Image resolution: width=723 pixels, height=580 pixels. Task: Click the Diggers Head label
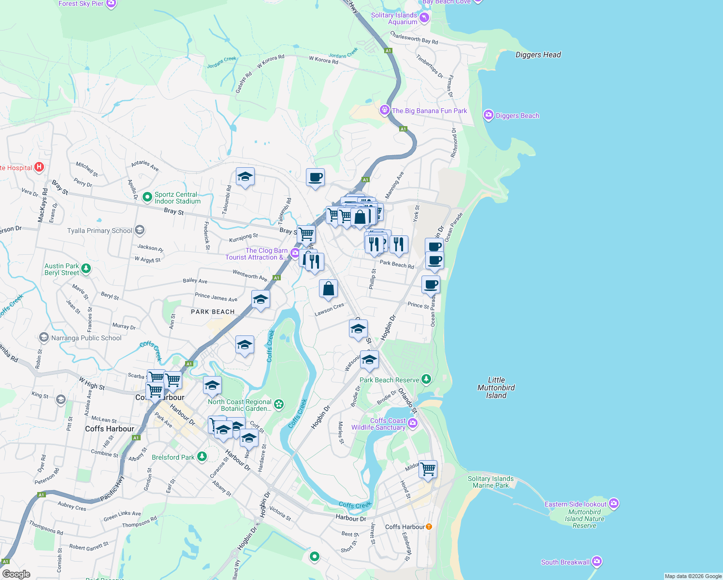point(538,55)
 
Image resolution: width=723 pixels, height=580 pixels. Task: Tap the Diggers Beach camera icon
point(489,115)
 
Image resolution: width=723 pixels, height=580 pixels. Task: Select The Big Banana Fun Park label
point(429,111)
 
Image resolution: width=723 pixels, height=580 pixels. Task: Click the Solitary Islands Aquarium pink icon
point(424,18)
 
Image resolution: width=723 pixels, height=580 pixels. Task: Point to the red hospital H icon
point(39,168)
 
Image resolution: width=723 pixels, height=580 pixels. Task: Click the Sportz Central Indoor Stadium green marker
point(147,198)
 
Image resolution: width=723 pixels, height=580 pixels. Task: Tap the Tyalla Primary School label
point(100,231)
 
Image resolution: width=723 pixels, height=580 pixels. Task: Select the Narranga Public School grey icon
point(44,337)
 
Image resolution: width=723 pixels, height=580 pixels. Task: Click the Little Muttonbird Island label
point(496,388)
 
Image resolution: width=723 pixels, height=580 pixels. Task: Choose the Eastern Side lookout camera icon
point(614,504)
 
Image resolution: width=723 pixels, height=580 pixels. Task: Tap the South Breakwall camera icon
point(597,562)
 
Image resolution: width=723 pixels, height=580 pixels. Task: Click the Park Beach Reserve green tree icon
point(426,379)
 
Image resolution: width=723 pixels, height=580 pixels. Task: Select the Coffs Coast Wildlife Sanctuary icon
point(413,424)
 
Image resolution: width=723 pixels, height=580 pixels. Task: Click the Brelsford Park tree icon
point(202,457)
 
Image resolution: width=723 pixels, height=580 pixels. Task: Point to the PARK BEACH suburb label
point(213,312)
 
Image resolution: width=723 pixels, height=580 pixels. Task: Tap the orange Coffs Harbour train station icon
point(429,526)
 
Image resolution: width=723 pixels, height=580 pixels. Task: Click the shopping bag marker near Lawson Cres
point(328,289)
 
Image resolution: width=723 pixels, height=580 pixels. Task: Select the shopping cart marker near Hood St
point(428,468)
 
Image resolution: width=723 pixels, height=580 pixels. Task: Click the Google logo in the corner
point(16,574)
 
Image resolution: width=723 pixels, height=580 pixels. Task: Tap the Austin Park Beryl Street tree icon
point(86,269)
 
